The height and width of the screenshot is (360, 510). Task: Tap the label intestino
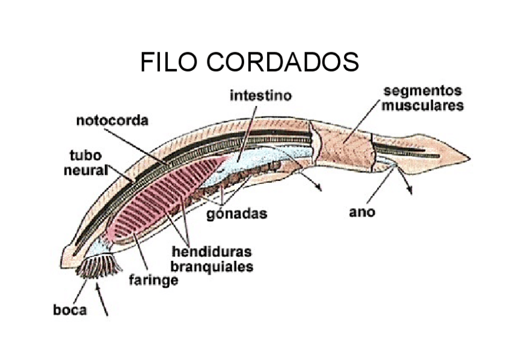tap(260, 96)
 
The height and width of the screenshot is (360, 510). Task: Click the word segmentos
tap(423, 91)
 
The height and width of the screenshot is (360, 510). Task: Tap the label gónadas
tap(237, 214)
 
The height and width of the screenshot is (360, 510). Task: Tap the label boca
tap(69, 310)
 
